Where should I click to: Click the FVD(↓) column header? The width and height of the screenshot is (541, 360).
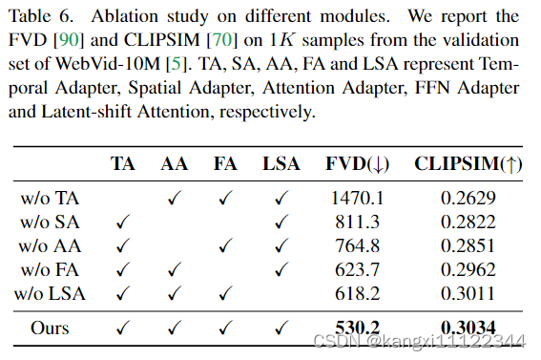[x=354, y=163]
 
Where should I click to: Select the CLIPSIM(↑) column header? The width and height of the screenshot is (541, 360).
[x=468, y=163]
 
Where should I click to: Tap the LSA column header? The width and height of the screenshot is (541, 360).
[x=281, y=163]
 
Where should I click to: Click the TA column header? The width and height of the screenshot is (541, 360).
[x=123, y=163]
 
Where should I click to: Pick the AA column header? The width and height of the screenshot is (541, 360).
[x=174, y=163]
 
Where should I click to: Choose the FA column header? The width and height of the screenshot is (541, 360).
[x=226, y=163]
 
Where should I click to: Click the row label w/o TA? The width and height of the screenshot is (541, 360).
[x=51, y=199]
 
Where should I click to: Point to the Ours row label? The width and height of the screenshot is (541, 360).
[x=50, y=328]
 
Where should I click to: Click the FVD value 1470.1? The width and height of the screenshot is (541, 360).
[x=356, y=199]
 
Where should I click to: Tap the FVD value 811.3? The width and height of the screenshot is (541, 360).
[x=356, y=222]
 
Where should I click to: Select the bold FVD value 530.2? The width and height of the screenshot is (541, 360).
[x=356, y=329]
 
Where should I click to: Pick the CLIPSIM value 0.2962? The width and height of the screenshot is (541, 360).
[x=468, y=269]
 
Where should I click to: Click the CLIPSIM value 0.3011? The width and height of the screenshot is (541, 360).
[x=468, y=293]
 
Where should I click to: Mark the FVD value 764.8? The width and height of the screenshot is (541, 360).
[x=356, y=246]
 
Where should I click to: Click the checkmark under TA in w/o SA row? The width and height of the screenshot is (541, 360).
[x=123, y=222]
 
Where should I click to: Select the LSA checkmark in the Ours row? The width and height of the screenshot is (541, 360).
[x=281, y=328]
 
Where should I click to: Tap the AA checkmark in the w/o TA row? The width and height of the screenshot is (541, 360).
[x=174, y=199]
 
